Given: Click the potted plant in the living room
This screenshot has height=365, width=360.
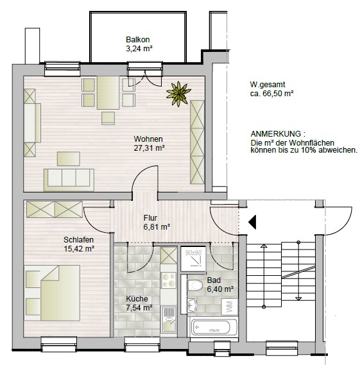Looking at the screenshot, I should click(x=178, y=94).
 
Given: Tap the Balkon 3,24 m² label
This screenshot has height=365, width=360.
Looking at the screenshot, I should click(x=139, y=43).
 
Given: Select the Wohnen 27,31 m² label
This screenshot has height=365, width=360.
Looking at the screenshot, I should click(x=148, y=143).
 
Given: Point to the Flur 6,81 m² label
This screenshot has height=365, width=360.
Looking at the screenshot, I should click(x=156, y=222).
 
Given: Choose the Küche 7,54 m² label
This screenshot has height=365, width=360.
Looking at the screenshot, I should click(x=139, y=303).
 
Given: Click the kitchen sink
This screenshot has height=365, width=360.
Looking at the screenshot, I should click(x=168, y=318).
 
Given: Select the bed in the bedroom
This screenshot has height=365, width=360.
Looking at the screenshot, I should click(x=53, y=293).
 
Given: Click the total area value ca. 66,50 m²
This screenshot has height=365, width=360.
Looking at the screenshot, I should click(x=272, y=94).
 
